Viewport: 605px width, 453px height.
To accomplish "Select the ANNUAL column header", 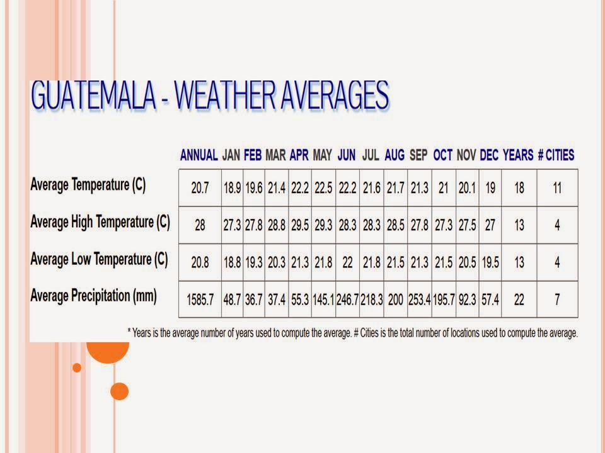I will pyautogui.click(x=199, y=155).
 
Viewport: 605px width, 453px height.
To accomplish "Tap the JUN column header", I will pyautogui.click(x=347, y=155).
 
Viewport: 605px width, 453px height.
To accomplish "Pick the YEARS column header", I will pyautogui.click(x=518, y=155).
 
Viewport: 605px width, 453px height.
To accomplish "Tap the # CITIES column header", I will pyautogui.click(x=556, y=155).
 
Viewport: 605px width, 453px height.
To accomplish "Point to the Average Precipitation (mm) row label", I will pyautogui.click(x=93, y=296).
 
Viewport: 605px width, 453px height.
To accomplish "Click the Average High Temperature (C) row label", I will pyautogui.click(x=100, y=222).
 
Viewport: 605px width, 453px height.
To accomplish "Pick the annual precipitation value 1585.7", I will pyautogui.click(x=200, y=300).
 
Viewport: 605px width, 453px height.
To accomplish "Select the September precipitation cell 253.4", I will pyautogui.click(x=419, y=300).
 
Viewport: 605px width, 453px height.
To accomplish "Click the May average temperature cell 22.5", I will pyautogui.click(x=323, y=188).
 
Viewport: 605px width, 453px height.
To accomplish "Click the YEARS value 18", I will pyautogui.click(x=519, y=188).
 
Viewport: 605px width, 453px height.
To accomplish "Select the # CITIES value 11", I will pyautogui.click(x=556, y=188).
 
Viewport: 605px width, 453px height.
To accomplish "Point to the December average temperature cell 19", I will pyautogui.click(x=490, y=188).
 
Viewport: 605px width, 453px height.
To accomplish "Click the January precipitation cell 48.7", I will pyautogui.click(x=232, y=300).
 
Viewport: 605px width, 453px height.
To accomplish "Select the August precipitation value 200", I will pyautogui.click(x=395, y=300).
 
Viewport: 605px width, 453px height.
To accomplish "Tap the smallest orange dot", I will pyautogui.click(x=77, y=367).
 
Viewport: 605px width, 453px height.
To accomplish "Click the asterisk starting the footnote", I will pyautogui.click(x=129, y=332).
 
